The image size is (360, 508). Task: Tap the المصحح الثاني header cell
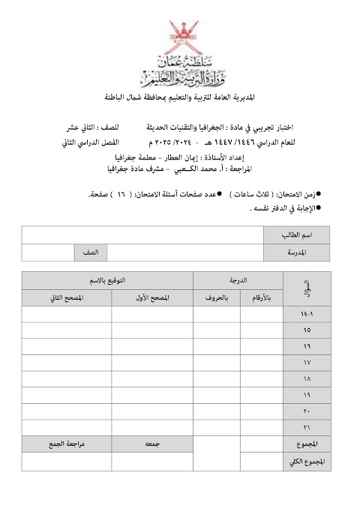tap(67, 297)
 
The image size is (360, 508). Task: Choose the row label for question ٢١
tap(304, 428)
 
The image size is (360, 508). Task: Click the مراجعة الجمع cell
tap(67, 444)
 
